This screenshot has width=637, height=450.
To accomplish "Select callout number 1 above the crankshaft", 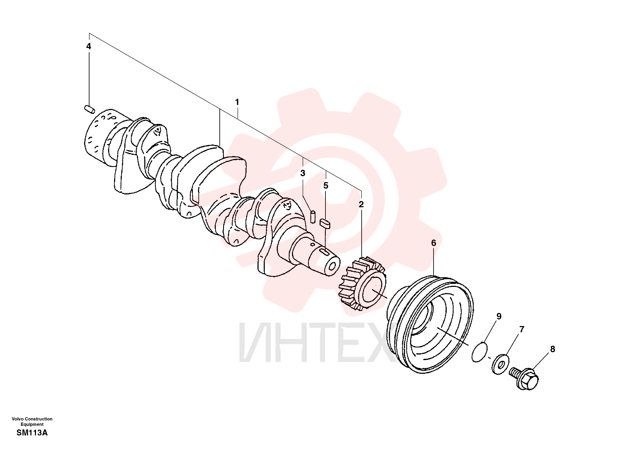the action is (237, 102).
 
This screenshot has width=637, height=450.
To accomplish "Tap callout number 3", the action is (303, 173).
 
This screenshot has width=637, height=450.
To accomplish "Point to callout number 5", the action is (326, 186).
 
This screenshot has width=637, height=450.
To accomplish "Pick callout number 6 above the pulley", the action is (434, 243).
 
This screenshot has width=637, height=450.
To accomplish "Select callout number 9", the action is (499, 316).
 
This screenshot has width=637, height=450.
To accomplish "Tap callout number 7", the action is (522, 329).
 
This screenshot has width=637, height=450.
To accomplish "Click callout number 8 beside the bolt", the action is (553, 349).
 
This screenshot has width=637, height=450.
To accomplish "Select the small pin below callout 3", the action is (313, 217).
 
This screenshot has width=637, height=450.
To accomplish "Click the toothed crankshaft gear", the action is (363, 283).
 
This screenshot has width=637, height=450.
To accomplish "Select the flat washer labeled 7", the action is (500, 364).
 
